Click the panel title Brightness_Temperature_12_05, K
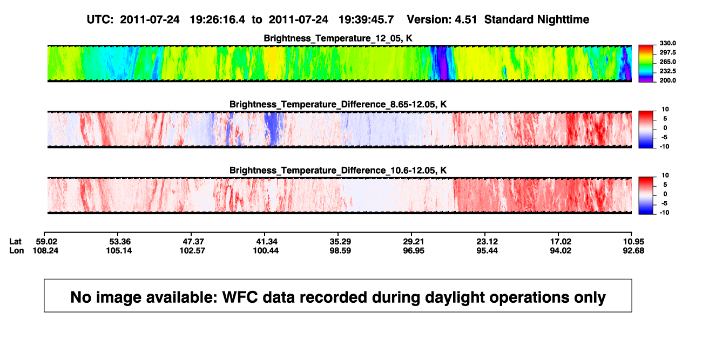(338, 38)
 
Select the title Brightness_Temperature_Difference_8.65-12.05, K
(338, 104)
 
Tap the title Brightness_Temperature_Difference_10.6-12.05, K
(338, 171)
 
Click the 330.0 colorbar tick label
(667, 43)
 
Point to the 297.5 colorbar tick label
(667, 53)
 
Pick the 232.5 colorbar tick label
(667, 71)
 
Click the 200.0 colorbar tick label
(667, 80)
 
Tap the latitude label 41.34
(267, 242)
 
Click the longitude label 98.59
(340, 250)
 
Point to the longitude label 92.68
(633, 250)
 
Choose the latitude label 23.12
(487, 242)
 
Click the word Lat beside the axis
(15, 242)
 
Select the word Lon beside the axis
(17, 250)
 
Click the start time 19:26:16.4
(218, 20)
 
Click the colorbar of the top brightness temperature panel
(646, 64)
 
